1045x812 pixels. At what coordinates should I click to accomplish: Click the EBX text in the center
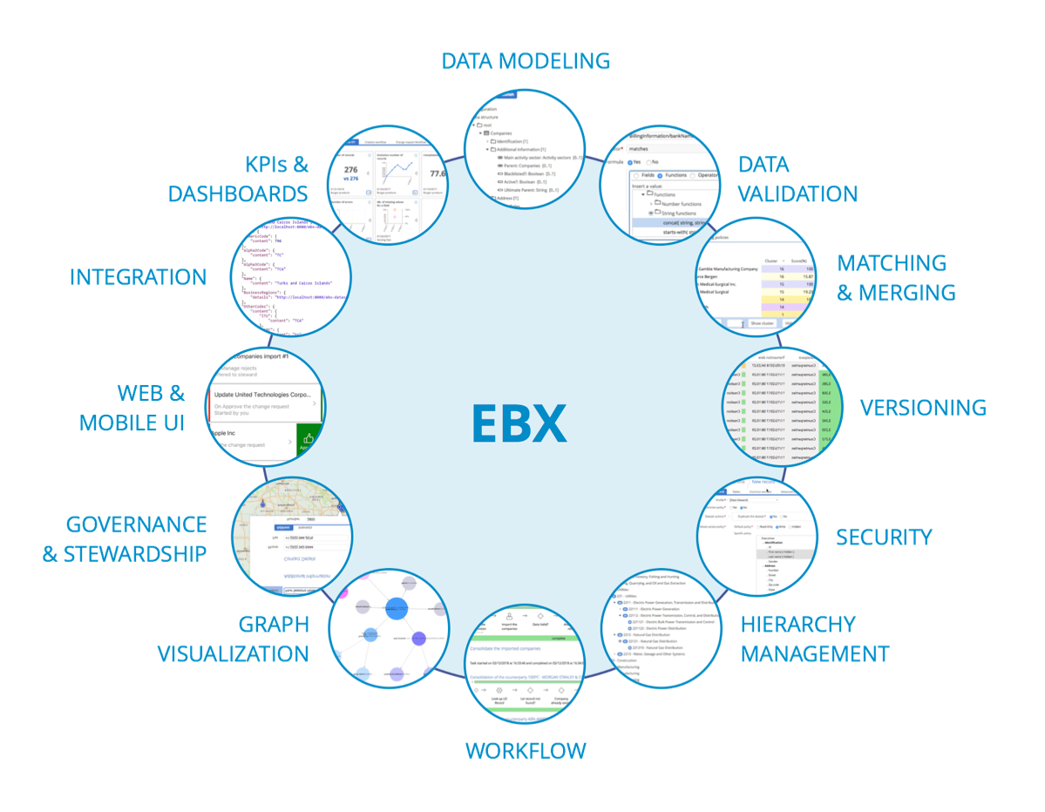point(519,422)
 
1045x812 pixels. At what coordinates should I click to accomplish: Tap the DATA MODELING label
point(525,61)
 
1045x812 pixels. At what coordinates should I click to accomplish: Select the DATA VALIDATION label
point(797,179)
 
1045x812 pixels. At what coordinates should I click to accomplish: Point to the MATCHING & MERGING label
point(895,278)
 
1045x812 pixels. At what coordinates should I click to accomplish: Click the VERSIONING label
point(922,407)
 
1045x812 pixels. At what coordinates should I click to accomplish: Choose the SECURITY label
point(884,537)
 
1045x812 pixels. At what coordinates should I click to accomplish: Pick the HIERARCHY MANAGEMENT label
point(814,639)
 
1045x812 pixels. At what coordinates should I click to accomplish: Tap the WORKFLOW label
point(525,750)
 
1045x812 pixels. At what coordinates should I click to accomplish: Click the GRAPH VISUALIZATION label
point(233,639)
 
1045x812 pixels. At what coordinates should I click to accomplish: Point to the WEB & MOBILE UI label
point(132,408)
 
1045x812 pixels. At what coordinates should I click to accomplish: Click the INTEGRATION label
point(139,278)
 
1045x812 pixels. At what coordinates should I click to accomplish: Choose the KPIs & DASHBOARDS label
point(238,179)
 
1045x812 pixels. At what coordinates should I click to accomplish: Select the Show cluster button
point(762,323)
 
